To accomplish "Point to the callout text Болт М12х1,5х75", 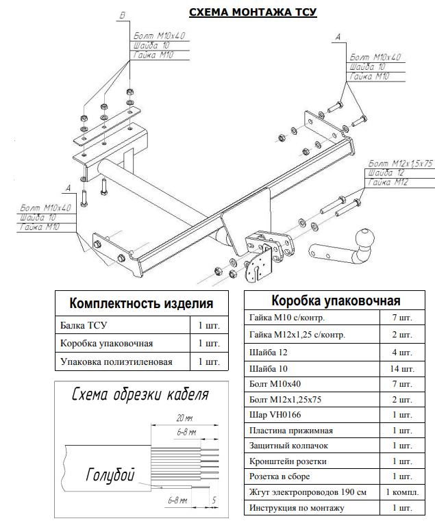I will click(x=401, y=164).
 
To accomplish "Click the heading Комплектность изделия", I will click(x=142, y=303).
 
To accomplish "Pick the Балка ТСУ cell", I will click(x=85, y=324).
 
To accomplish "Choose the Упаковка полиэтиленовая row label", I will click(x=116, y=361).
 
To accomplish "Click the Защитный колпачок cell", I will click(x=288, y=446).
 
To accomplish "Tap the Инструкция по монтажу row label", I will click(x=297, y=508).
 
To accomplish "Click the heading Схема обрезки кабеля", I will click(x=140, y=394).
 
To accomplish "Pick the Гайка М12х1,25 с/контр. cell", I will click(x=298, y=335).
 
